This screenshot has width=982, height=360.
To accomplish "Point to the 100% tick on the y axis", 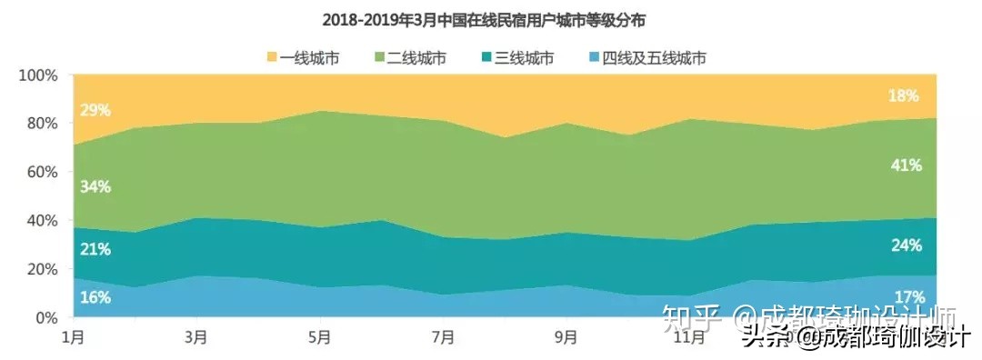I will point(38,75).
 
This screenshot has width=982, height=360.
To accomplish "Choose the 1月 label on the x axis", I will point(73,337).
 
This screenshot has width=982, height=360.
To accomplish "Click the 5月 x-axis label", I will point(319,337).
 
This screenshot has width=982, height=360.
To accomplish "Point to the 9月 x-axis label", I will point(566,337).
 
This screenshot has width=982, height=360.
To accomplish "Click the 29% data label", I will point(95,110).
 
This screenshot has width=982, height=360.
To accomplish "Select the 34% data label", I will point(95,186).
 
